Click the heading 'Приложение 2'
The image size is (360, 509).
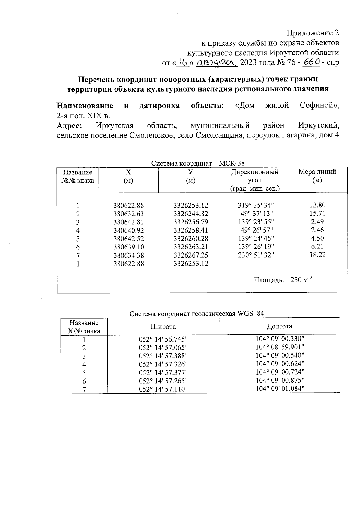click(x=313, y=32)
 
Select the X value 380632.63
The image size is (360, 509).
click(x=128, y=214)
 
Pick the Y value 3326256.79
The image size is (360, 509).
click(x=191, y=222)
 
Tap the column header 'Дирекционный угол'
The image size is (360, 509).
click(x=255, y=180)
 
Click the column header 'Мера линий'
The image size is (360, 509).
click(x=317, y=172)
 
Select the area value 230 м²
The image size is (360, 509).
click(x=301, y=280)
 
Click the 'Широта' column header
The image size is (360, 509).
click(x=163, y=327)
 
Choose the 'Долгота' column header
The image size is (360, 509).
click(x=280, y=326)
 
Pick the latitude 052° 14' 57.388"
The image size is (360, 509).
click(x=163, y=356)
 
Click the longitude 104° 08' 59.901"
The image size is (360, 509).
click(x=280, y=347)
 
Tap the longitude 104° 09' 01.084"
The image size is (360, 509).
click(x=280, y=389)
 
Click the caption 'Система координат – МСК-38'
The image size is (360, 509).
click(x=198, y=164)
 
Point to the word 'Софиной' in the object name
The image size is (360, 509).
click(x=319, y=106)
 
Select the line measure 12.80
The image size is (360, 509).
click(x=318, y=205)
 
